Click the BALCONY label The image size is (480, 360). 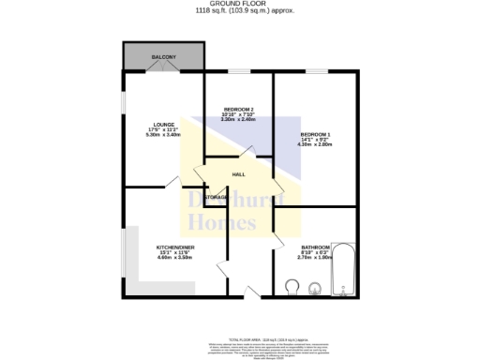(x=164, y=57)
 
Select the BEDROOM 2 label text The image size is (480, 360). (x=238, y=109)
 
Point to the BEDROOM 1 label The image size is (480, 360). (x=314, y=134)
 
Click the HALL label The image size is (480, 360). (x=238, y=174)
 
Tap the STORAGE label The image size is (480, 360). (x=215, y=197)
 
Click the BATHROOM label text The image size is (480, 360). (x=314, y=247)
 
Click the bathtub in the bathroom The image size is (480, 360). (x=344, y=272)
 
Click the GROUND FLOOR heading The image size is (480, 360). (x=239, y=4)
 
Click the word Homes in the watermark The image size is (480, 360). (x=222, y=223)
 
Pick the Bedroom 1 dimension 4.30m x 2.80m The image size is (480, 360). (x=314, y=145)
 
